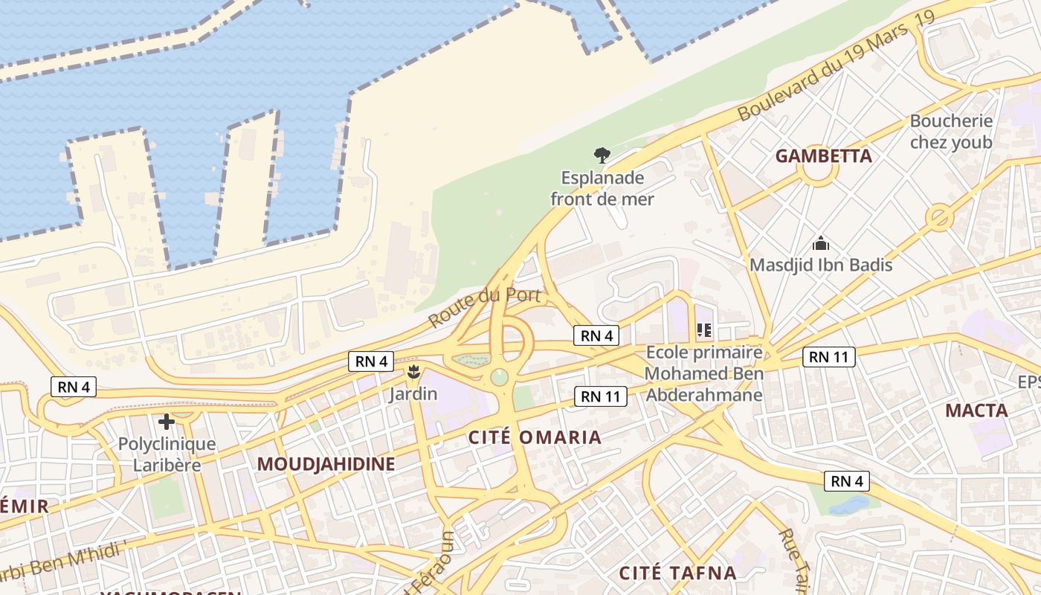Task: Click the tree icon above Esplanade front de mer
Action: (602, 155)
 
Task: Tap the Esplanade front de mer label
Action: (602, 189)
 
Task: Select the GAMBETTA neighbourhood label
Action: (823, 156)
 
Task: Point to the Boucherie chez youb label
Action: (951, 132)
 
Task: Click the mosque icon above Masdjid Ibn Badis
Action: (820, 243)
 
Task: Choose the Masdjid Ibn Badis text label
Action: (820, 265)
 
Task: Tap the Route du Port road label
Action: (483, 306)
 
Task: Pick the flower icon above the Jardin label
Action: (413, 371)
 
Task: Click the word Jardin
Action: (413, 393)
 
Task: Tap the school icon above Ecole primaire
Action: (703, 329)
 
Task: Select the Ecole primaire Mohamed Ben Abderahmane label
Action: (704, 373)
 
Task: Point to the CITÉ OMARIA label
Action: (535, 437)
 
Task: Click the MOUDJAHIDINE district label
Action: (326, 464)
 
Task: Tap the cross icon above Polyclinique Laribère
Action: (167, 422)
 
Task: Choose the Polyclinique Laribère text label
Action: (167, 454)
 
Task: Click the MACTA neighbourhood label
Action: (976, 411)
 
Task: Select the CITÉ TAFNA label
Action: (677, 573)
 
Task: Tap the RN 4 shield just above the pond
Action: (847, 481)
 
